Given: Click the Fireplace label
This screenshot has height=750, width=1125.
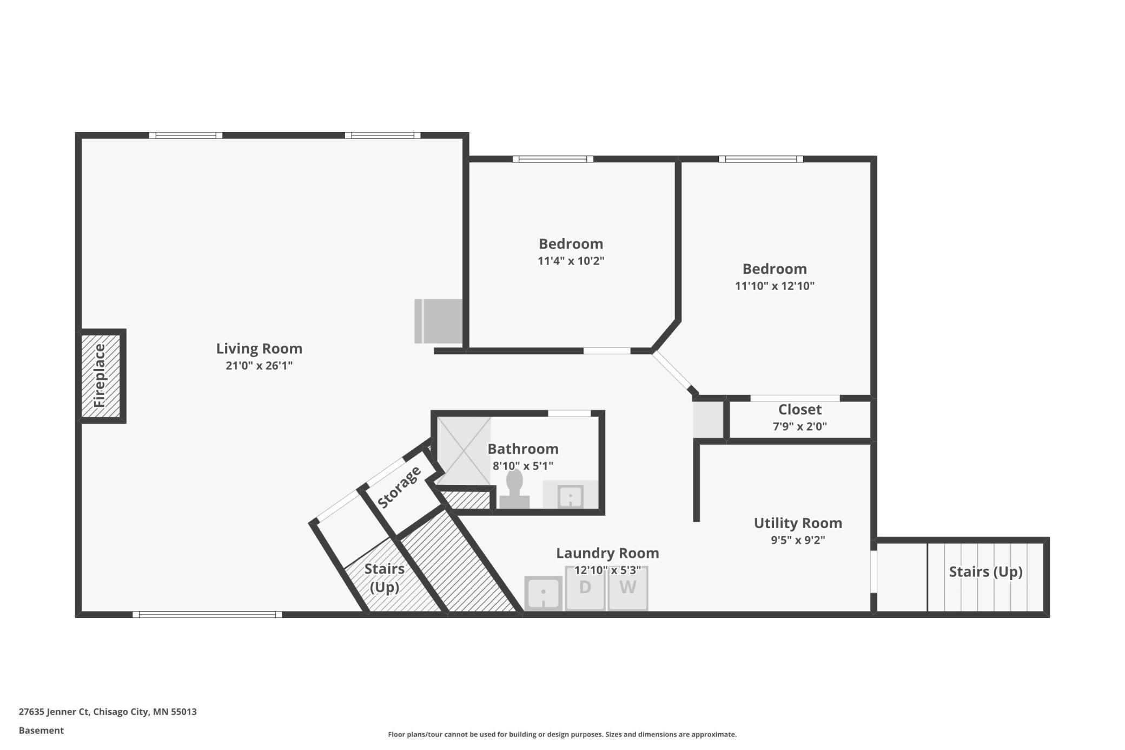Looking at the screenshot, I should [x=100, y=376].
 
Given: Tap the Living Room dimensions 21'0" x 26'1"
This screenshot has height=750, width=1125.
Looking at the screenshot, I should [x=259, y=366].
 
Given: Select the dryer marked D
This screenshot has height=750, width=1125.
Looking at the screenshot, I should [x=585, y=588].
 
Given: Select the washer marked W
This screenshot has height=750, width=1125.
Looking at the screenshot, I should [x=627, y=588].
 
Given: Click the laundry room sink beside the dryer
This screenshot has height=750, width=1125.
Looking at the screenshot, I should [x=544, y=594].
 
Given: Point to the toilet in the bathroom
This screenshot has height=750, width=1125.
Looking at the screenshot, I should [x=514, y=489].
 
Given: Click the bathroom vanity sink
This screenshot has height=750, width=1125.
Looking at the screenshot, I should [x=570, y=496].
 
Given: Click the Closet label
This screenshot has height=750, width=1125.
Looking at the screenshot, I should [x=799, y=410].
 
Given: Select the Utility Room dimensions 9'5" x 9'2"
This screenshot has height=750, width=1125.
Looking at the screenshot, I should [x=798, y=540].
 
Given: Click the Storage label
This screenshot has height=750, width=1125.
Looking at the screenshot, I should [x=399, y=487].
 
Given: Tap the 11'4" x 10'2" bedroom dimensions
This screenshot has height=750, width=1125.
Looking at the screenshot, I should [x=571, y=261].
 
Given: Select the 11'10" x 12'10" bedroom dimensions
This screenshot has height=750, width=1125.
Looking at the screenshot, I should [x=775, y=286].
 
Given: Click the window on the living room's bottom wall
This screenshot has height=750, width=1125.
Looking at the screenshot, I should [x=207, y=614].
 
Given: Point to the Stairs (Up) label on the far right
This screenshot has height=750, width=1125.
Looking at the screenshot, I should [x=985, y=572].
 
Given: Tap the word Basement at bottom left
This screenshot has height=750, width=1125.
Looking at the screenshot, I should [x=41, y=731].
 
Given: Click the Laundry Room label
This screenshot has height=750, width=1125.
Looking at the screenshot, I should [x=607, y=553].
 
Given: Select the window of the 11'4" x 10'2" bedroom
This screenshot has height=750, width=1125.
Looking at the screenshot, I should [x=553, y=159].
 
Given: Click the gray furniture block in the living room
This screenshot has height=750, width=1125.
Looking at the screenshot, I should [x=439, y=321].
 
